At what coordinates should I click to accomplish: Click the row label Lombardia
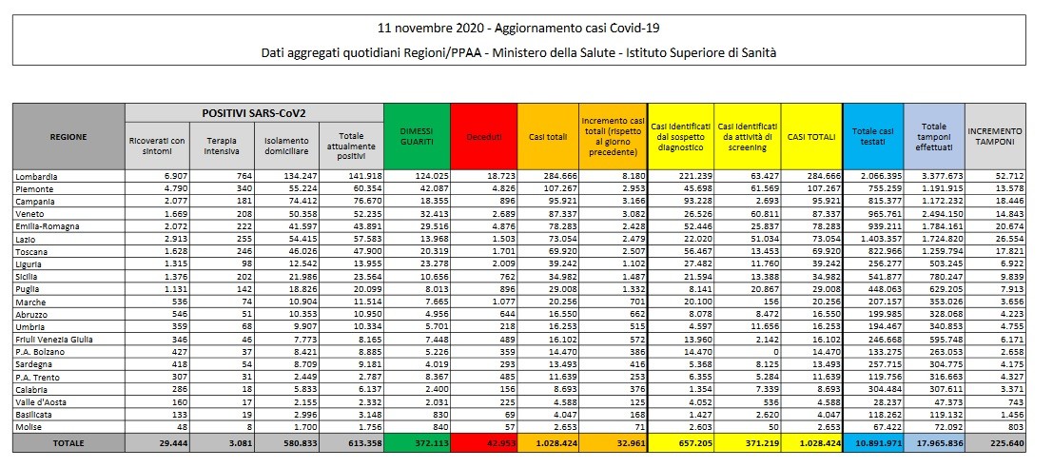pyautogui.click(x=36, y=177)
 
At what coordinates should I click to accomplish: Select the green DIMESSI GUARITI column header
pyautogui.click(x=416, y=136)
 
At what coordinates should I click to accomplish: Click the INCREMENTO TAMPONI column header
pyautogui.click(x=994, y=136)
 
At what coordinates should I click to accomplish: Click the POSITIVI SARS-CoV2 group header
pyautogui.click(x=253, y=112)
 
